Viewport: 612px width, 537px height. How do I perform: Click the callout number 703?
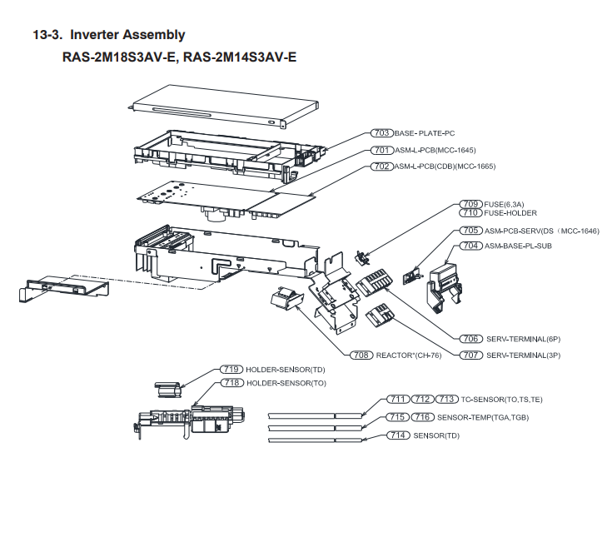(x=382, y=133)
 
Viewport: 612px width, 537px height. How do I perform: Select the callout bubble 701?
(x=382, y=150)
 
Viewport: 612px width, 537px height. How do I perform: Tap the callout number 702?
(x=382, y=167)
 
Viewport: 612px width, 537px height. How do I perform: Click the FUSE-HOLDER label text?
(x=510, y=213)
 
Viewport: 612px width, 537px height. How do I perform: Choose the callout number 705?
(x=471, y=230)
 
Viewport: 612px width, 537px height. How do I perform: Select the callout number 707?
(x=471, y=356)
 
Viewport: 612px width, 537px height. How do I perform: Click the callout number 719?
(x=231, y=369)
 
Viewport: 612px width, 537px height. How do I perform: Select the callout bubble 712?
(x=424, y=400)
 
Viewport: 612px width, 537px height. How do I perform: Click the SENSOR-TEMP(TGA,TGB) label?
(x=483, y=417)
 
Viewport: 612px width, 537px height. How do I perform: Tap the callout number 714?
(x=400, y=435)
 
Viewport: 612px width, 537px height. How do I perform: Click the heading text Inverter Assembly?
(x=127, y=35)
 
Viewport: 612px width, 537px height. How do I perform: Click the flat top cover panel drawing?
(x=225, y=105)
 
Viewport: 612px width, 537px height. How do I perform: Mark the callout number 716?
(x=424, y=417)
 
